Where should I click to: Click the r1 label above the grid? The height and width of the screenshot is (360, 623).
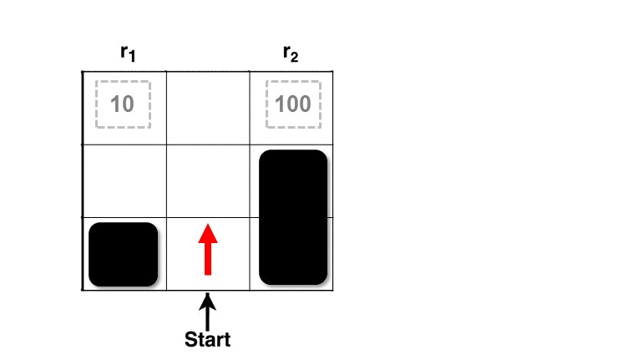(128, 53)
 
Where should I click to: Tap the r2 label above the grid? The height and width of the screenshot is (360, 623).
(291, 53)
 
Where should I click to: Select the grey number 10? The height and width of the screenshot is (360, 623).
(122, 104)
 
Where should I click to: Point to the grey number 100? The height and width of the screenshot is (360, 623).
(293, 104)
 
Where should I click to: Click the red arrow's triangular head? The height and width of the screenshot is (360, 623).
(208, 234)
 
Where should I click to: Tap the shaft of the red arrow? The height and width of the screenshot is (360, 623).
(208, 259)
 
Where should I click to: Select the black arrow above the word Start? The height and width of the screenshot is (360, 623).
(207, 312)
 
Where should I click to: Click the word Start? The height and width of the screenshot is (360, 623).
(207, 339)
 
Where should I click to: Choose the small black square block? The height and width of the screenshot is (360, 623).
(123, 254)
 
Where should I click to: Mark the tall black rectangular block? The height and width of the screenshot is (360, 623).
(293, 217)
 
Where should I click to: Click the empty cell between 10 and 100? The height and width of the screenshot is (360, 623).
(208, 108)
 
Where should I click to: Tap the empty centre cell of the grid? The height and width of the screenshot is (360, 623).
(208, 181)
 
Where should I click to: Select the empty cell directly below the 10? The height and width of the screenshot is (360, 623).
(124, 181)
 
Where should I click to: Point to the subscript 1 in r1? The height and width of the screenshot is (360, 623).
(132, 57)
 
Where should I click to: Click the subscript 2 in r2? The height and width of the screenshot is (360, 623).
(295, 58)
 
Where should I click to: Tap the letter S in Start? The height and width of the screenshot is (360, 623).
(191, 340)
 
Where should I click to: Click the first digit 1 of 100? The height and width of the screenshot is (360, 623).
(280, 104)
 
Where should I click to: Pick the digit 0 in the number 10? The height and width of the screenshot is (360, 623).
(128, 104)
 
